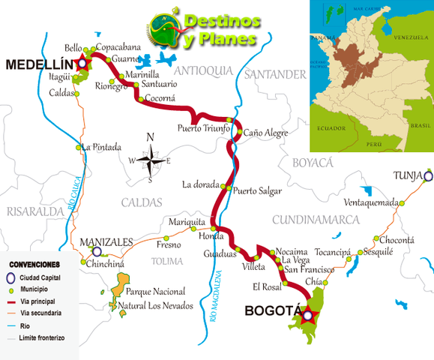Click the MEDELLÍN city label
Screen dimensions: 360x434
click(37, 65)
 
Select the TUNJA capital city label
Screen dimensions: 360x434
click(406, 176)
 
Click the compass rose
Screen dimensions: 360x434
click(151, 158)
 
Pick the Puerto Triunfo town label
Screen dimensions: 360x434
click(203, 128)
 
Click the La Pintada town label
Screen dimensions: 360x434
click(102, 147)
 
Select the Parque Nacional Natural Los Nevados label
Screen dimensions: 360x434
click(159, 298)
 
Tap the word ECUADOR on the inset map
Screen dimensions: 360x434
click(330, 127)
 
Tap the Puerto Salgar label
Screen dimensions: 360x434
click(257, 190)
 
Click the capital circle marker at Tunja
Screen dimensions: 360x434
click(428, 177)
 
